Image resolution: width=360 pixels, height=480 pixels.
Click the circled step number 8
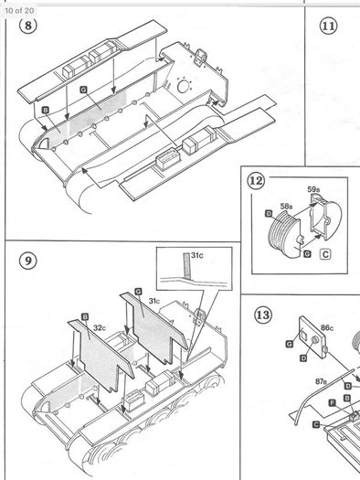pos(27,25)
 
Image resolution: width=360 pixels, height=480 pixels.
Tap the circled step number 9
pos(27,261)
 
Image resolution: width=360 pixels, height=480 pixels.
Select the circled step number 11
pos(329,26)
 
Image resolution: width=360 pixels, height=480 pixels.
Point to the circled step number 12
pos(256,181)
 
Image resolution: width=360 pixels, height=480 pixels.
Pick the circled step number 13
pos(263,315)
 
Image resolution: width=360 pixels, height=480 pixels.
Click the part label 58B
pos(286,206)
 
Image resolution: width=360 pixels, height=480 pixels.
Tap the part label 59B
pos(313,189)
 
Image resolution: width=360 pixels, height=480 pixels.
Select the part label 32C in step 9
pos(100,327)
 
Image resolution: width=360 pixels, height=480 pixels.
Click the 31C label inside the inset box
pos(197,255)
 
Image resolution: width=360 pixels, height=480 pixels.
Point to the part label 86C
pos(327,328)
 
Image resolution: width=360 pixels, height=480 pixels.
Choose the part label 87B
pos(321,381)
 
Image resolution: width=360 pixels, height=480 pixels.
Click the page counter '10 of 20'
pos(19,11)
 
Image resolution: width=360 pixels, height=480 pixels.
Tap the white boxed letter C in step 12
pos(326,254)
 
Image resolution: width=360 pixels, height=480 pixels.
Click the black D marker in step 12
pos(269,213)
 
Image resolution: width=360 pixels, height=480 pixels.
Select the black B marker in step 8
pos(46,111)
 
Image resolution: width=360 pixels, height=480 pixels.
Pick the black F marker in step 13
pos(333,403)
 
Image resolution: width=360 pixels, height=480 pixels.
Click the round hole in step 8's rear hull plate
pos(183,86)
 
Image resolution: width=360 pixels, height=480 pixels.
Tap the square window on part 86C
pos(303,334)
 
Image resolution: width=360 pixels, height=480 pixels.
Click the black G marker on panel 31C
pos(138,292)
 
